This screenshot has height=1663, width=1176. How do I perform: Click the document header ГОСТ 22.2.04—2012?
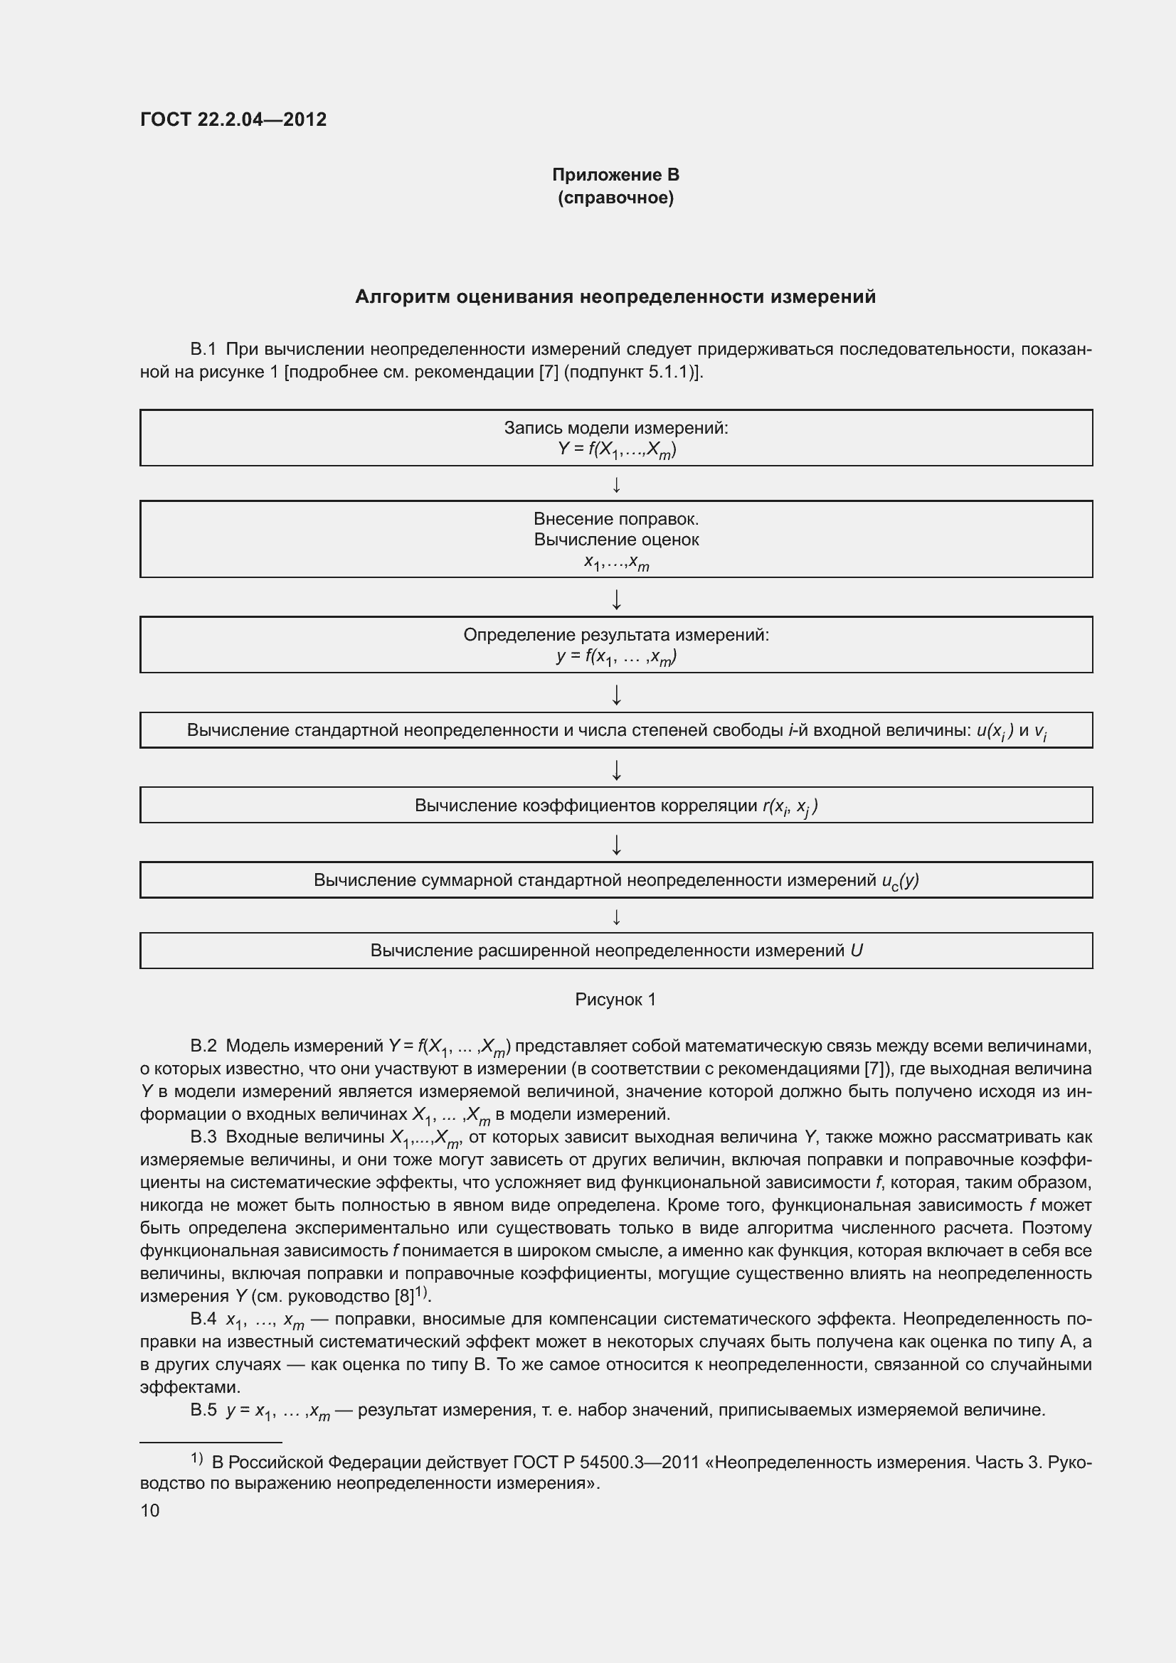[x=233, y=119]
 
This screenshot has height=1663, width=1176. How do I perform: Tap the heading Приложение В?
[x=615, y=175]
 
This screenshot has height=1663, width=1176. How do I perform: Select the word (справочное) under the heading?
[x=615, y=198]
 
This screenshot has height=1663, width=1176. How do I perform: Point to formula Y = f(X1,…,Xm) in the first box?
[x=617, y=450]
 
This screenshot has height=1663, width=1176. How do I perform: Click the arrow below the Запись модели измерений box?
[x=617, y=485]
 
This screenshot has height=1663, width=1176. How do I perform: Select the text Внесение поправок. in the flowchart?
[x=616, y=518]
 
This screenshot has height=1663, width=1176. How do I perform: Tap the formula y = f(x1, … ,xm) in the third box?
[x=617, y=657]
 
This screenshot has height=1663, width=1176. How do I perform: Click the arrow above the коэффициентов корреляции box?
[x=617, y=770]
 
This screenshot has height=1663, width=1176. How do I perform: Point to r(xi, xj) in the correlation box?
[x=790, y=806]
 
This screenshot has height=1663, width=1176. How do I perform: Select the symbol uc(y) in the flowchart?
[x=900, y=881]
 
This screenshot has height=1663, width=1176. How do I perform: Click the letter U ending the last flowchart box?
[x=857, y=951]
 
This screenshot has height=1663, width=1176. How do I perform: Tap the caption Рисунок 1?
[x=615, y=1000]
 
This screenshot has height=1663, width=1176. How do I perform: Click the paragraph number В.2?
[x=203, y=1046]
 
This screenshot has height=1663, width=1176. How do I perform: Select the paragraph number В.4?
[x=203, y=1319]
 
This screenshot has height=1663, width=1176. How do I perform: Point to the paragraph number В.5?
[x=203, y=1409]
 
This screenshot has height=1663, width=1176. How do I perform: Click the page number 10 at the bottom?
[x=150, y=1510]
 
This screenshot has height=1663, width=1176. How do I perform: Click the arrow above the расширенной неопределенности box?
[x=617, y=918]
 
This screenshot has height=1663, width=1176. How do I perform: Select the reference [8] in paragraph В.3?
[x=403, y=1296]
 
